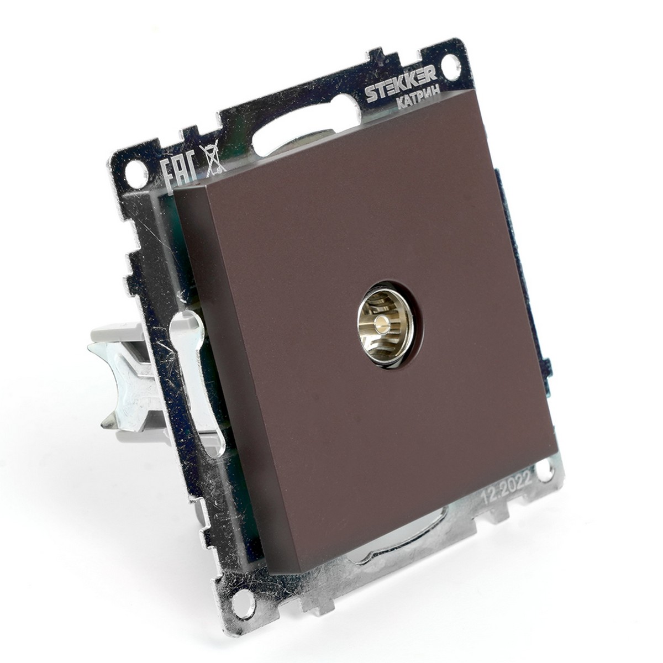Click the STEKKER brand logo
click(x=401, y=85)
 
